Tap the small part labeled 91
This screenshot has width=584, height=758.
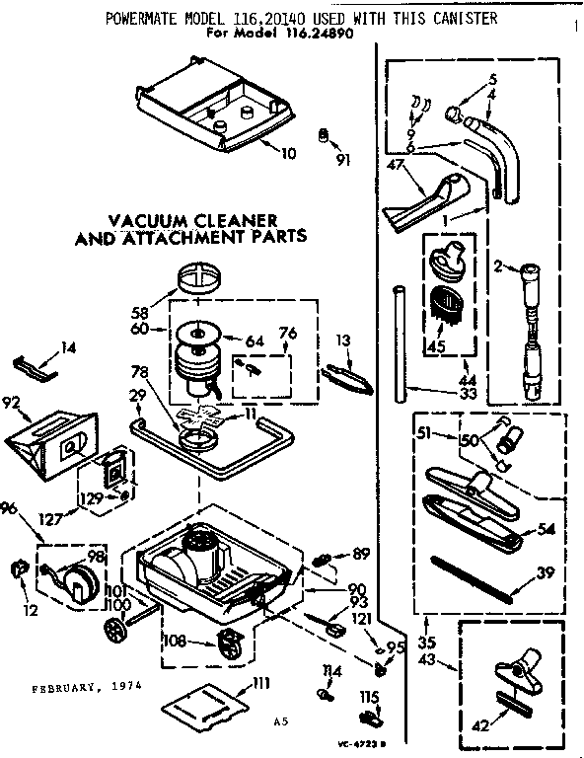tap(322, 137)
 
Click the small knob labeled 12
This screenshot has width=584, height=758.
tap(19, 568)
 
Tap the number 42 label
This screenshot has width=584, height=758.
tap(478, 727)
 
